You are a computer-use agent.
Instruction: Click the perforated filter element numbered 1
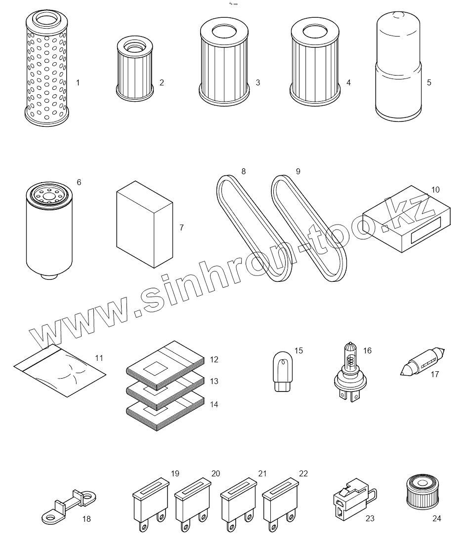(47, 69)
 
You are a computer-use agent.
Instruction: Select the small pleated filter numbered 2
(135, 69)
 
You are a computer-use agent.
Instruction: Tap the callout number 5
(429, 82)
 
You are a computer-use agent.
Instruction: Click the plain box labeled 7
(145, 224)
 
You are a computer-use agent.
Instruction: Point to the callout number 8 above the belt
(244, 171)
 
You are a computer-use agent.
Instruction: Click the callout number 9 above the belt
(298, 171)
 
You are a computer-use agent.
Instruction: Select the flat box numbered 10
(407, 219)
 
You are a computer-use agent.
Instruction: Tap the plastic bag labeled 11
(60, 370)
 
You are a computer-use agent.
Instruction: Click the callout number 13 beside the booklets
(214, 381)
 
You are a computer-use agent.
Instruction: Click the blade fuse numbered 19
(151, 504)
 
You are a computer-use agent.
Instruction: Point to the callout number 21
(262, 473)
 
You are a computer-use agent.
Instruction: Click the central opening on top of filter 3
(224, 32)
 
